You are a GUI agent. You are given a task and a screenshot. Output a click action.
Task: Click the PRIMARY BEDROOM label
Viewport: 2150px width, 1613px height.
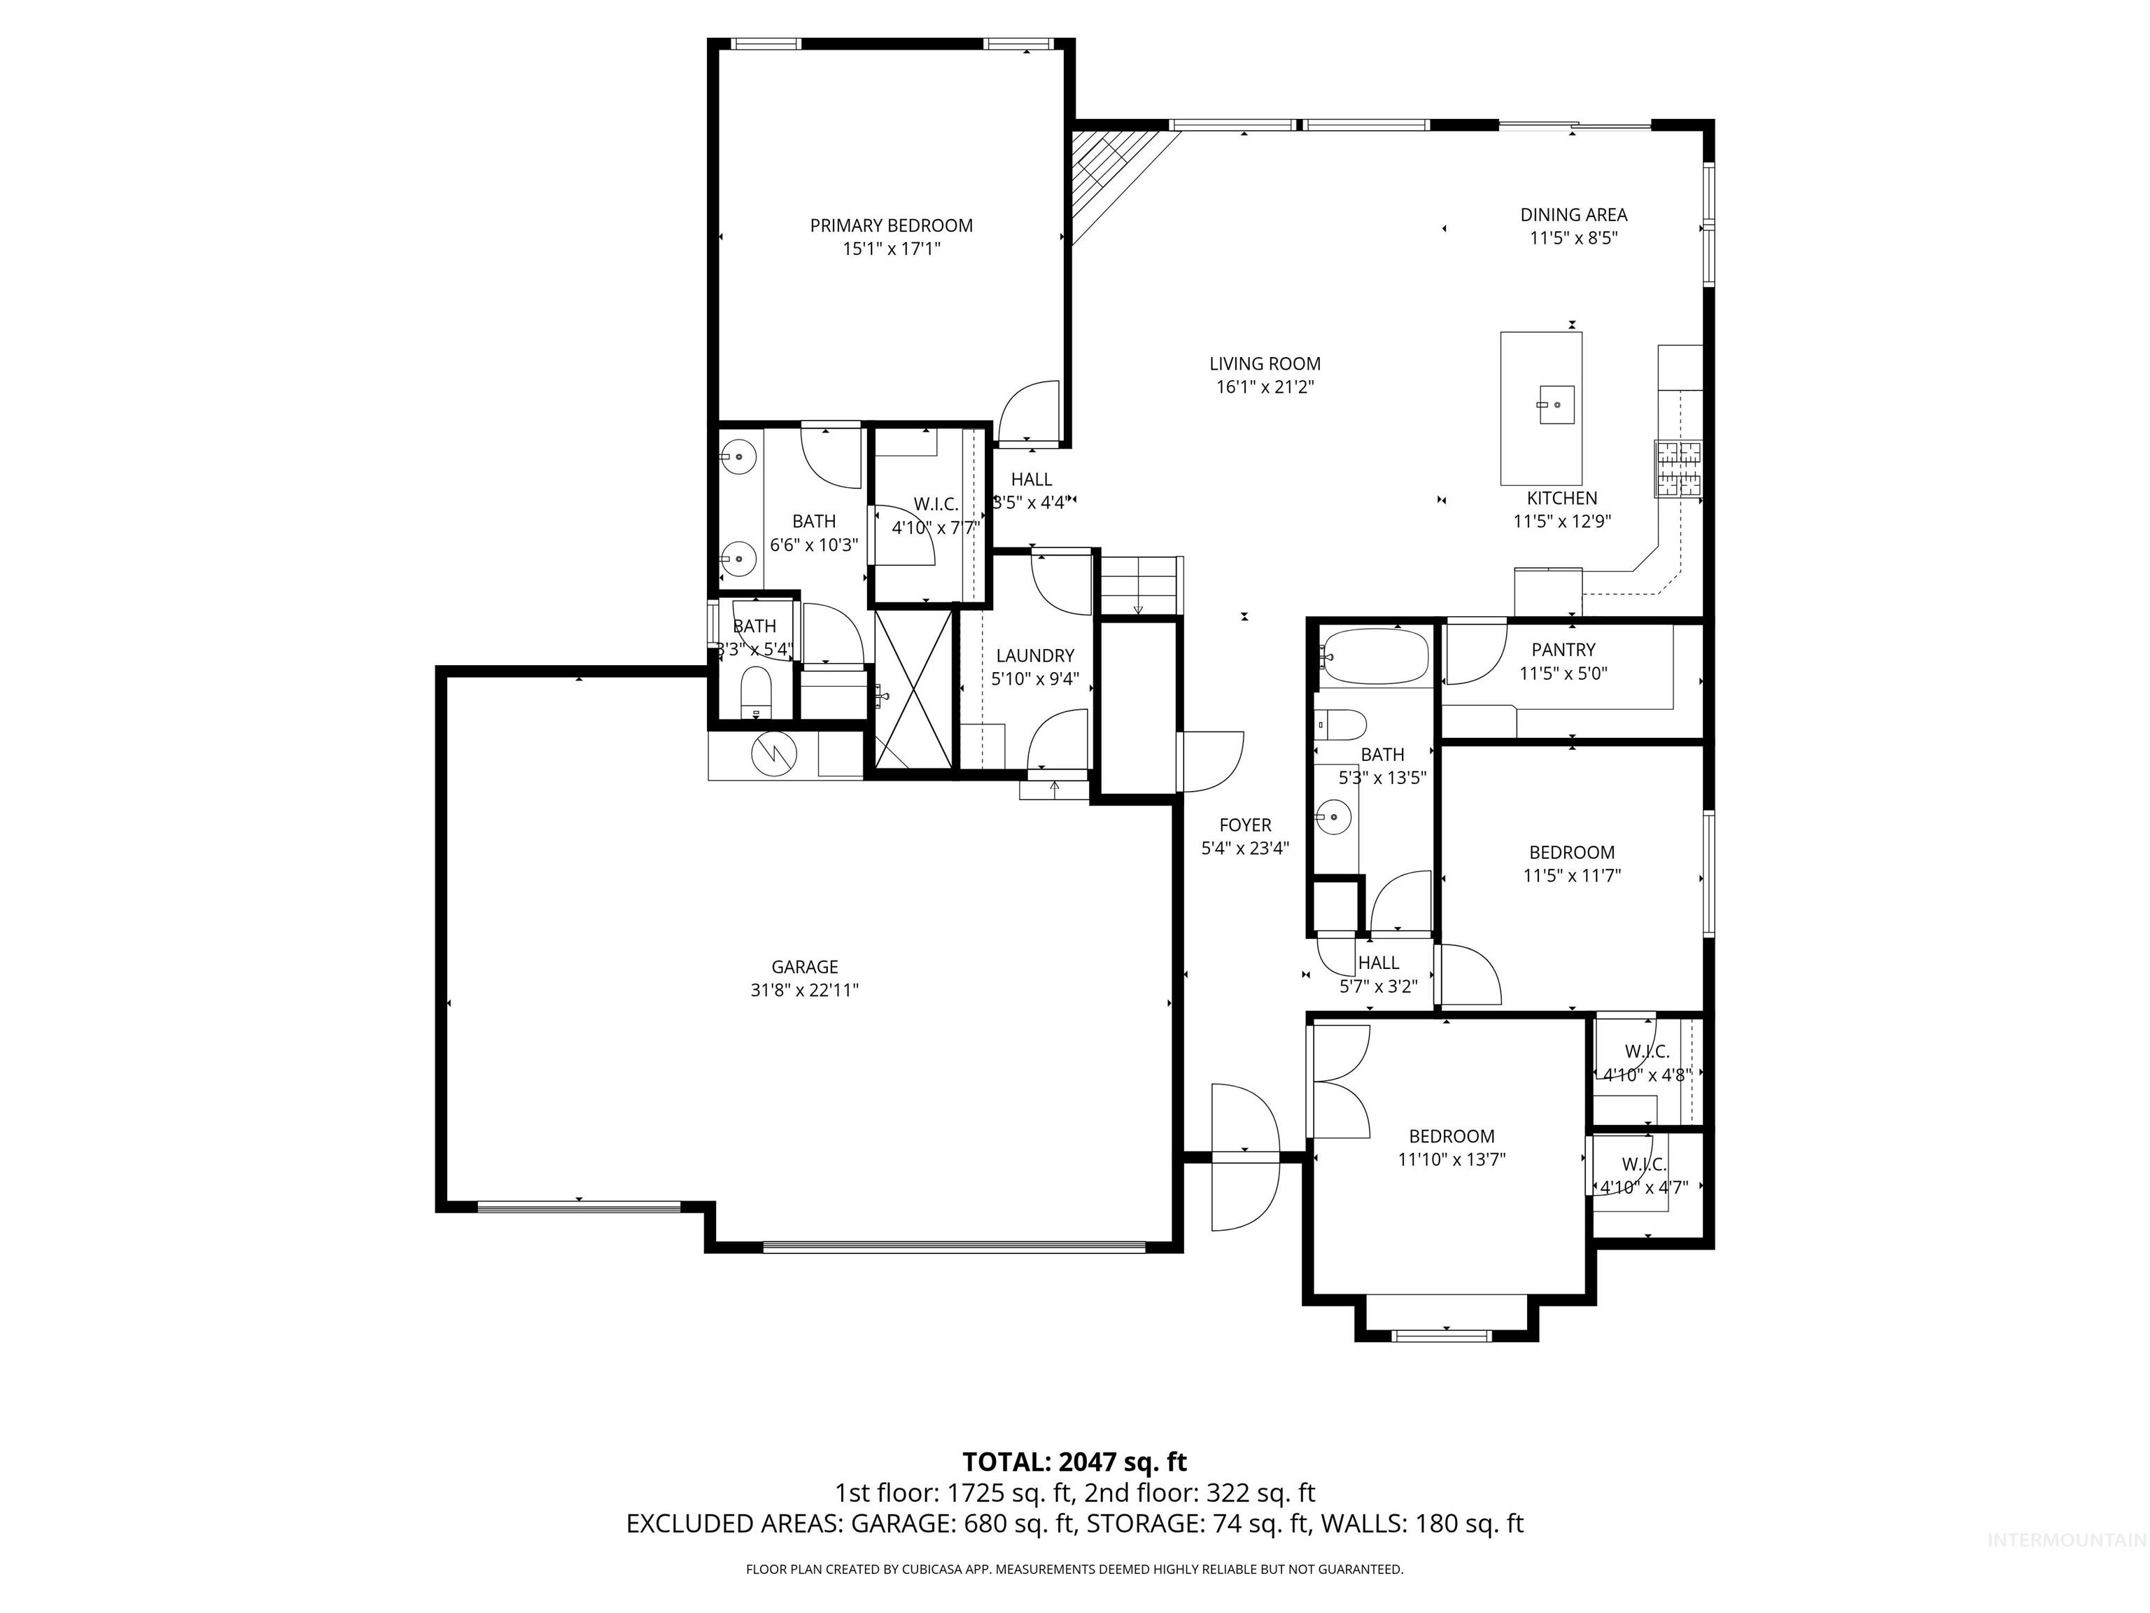coord(892,225)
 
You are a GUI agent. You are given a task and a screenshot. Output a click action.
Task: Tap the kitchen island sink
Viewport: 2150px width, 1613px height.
coord(1554,403)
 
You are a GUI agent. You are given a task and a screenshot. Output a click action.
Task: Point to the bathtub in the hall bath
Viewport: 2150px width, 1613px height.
coord(1375,656)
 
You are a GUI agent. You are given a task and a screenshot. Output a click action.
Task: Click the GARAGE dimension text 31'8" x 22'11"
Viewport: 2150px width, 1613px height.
coord(804,991)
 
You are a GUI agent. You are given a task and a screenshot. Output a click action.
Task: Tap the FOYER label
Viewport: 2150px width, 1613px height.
coord(1245,825)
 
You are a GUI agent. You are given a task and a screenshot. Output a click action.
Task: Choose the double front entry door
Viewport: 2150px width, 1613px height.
coord(1244,1157)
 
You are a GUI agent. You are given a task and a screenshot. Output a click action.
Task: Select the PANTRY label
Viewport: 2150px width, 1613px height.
coord(1563,650)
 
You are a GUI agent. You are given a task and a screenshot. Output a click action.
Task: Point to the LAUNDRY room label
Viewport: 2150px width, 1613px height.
coord(1034,655)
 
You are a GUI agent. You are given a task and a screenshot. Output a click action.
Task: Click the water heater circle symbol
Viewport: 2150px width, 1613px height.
coord(775,753)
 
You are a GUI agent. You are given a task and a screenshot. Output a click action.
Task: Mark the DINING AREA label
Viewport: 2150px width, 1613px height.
coord(1573,215)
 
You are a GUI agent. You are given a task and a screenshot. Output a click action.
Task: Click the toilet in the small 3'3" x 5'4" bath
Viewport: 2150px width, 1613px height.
coord(755,693)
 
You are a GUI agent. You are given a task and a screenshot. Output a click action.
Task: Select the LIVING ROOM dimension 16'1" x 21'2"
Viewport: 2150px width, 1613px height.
coord(1265,387)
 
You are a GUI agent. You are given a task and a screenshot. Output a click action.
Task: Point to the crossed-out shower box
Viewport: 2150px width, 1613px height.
coord(913,687)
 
